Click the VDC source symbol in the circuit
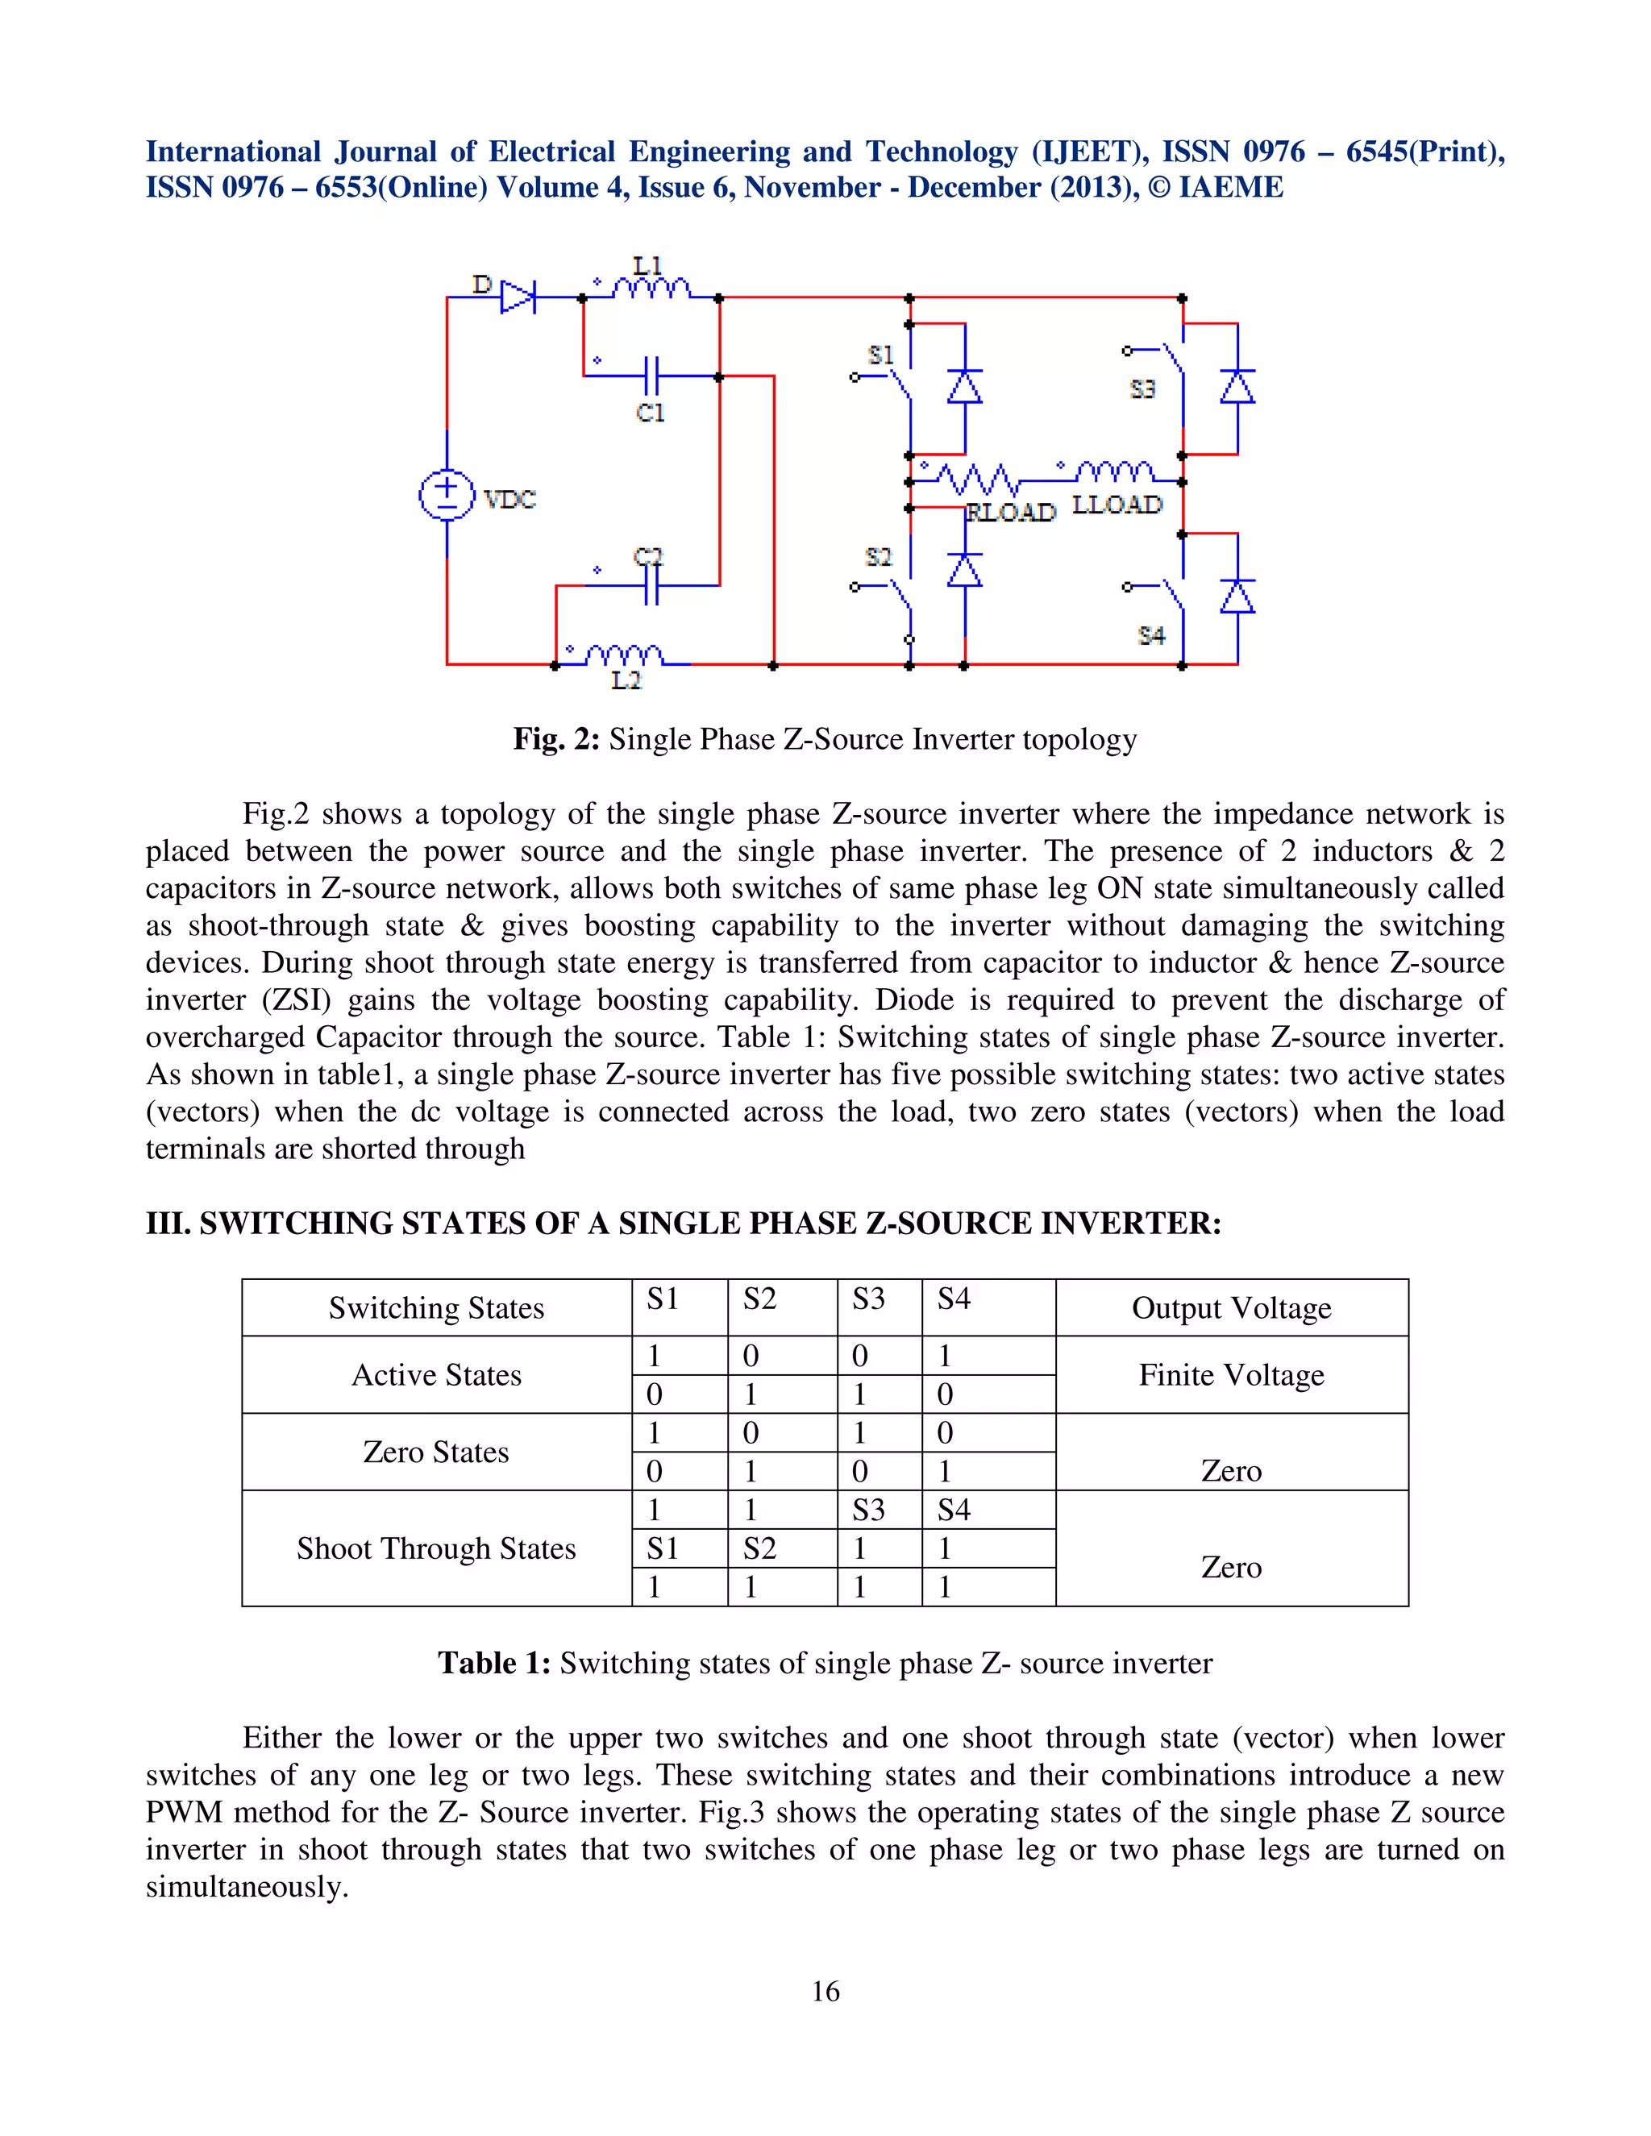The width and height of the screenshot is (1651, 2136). pos(447,495)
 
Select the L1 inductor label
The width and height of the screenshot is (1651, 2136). pos(648,265)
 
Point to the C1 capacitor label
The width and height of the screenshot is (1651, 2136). pos(651,413)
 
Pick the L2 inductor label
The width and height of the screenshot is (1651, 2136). pos(626,681)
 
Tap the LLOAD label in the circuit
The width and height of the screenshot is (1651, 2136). pos(1117,505)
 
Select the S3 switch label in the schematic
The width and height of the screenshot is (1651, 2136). pos(1142,389)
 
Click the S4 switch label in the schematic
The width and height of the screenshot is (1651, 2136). pos(1151,636)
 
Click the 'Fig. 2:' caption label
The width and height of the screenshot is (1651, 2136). pos(556,738)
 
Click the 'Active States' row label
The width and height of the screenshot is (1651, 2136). pos(436,1374)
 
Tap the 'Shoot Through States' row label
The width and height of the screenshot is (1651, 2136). pos(436,1548)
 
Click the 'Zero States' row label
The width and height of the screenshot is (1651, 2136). pos(436,1452)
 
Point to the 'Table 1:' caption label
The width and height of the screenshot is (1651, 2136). pos(494,1663)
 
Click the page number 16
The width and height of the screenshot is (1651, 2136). pos(825,1991)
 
